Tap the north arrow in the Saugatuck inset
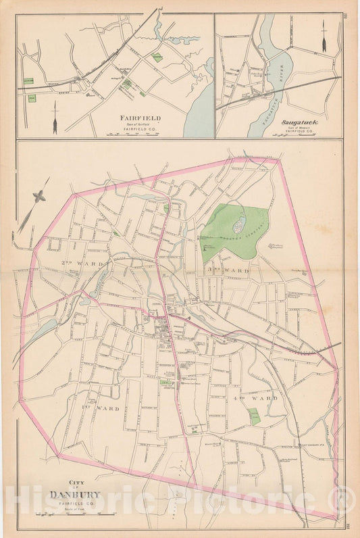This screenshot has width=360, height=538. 324,36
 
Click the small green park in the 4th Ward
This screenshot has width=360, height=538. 253,416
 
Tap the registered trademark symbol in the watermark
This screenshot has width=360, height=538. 345,501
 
